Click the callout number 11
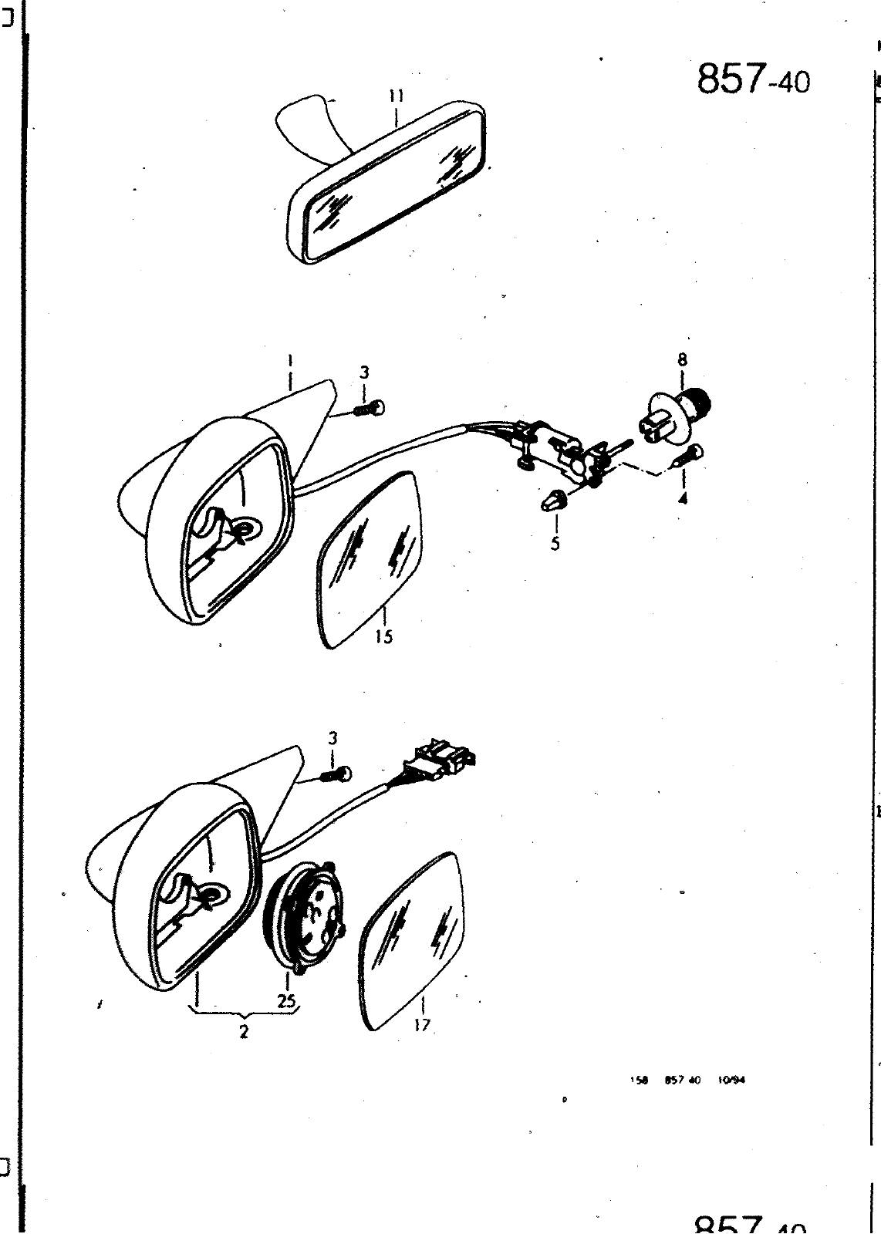[x=396, y=96]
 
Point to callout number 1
[x=290, y=359]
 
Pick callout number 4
[x=684, y=498]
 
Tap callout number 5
[x=555, y=543]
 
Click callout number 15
[x=384, y=636]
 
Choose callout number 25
[x=288, y=1000]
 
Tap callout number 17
[x=422, y=1025]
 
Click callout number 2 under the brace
[x=244, y=1032]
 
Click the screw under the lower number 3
[x=336, y=774]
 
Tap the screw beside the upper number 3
[x=370, y=409]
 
